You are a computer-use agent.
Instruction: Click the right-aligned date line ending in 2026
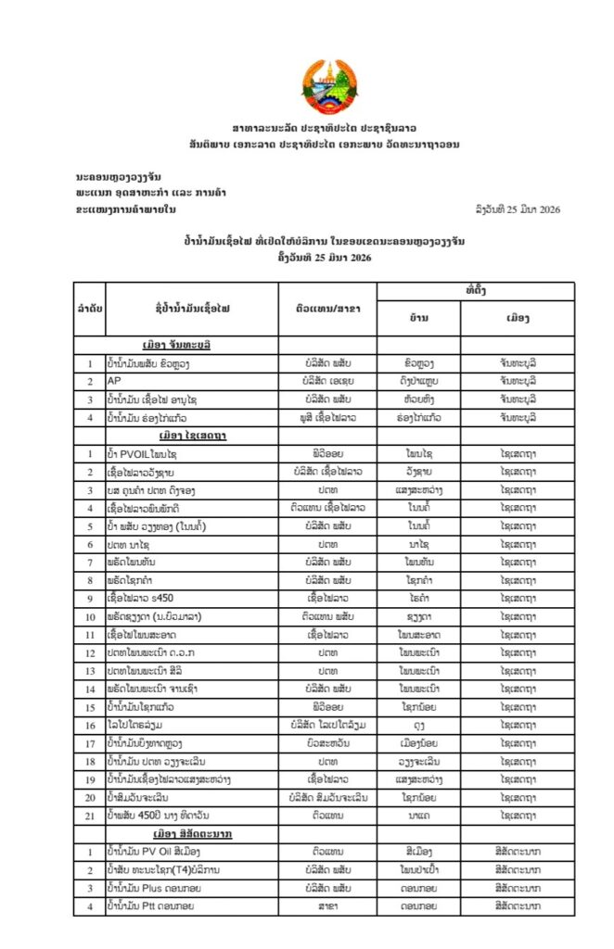(x=516, y=209)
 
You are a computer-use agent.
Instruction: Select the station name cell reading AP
(x=115, y=381)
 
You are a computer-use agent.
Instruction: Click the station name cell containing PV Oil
(x=153, y=851)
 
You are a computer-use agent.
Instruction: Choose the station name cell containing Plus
(x=153, y=887)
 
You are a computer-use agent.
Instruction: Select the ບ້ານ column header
(x=418, y=318)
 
